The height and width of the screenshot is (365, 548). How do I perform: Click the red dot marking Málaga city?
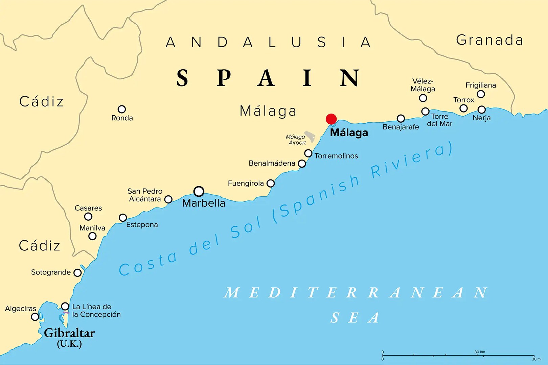click(x=331, y=119)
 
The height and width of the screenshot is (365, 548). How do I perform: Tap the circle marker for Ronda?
click(x=122, y=109)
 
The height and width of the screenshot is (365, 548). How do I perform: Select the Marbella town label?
click(x=204, y=203)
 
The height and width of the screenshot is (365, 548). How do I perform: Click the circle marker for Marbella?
click(x=199, y=191)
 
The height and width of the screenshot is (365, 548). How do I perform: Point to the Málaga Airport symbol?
click(x=310, y=136)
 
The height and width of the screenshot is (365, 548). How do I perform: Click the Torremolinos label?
click(x=336, y=156)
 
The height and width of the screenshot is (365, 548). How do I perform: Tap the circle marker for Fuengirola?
click(x=270, y=183)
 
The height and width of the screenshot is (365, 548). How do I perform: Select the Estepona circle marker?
click(x=123, y=218)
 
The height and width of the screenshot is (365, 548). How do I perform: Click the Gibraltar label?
click(x=69, y=333)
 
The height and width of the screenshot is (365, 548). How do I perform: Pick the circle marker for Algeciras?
click(x=35, y=317)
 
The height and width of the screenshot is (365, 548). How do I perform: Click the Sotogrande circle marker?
click(x=77, y=272)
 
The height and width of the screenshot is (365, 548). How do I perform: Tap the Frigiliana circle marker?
click(x=481, y=94)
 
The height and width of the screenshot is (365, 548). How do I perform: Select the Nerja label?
click(x=481, y=118)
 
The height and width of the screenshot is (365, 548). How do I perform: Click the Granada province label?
click(x=489, y=40)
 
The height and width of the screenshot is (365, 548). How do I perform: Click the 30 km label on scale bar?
click(x=479, y=352)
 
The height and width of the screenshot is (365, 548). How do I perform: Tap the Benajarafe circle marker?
click(x=401, y=118)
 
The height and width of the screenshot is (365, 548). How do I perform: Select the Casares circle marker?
click(x=88, y=216)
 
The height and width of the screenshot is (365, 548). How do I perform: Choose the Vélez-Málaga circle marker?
click(x=423, y=98)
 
